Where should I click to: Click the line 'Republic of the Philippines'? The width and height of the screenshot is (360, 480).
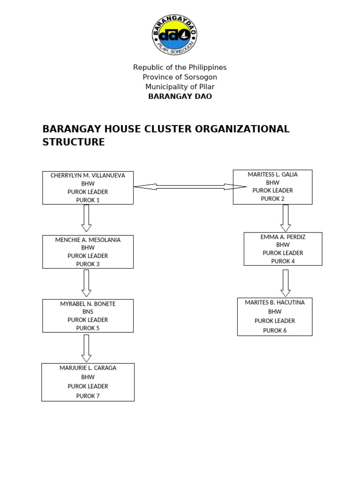coord(180,67)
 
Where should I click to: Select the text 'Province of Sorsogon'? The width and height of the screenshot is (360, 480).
coord(180,77)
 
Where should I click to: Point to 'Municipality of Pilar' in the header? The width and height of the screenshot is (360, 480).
coord(180,87)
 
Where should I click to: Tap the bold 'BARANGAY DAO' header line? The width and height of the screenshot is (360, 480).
coord(180,97)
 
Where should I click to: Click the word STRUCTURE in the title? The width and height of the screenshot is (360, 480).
coord(74,142)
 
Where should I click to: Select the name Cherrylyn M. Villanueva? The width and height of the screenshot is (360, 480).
coord(88,175)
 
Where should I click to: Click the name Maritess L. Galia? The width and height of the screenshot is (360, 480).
coord(272,174)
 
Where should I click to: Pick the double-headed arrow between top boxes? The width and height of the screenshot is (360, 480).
coord(190,187)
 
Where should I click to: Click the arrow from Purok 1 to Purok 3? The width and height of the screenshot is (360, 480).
coord(86,218)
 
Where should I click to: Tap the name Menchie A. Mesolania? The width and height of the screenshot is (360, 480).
coord(88,240)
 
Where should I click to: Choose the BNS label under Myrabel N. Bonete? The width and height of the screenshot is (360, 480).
coord(88,312)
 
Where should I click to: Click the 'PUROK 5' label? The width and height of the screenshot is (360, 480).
coord(88,328)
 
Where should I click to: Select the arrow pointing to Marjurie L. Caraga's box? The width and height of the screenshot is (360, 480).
coord(86,348)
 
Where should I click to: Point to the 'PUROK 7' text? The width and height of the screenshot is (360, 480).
coord(88,396)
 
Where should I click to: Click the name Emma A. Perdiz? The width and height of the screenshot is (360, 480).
coord(283,237)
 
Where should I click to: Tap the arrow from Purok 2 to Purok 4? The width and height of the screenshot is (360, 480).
coord(285,218)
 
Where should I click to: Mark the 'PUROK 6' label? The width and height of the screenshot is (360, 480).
coord(275,330)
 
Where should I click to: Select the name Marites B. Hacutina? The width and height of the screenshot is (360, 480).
coord(275,302)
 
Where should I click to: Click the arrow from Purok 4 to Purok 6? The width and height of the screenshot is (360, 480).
coord(285,283)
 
